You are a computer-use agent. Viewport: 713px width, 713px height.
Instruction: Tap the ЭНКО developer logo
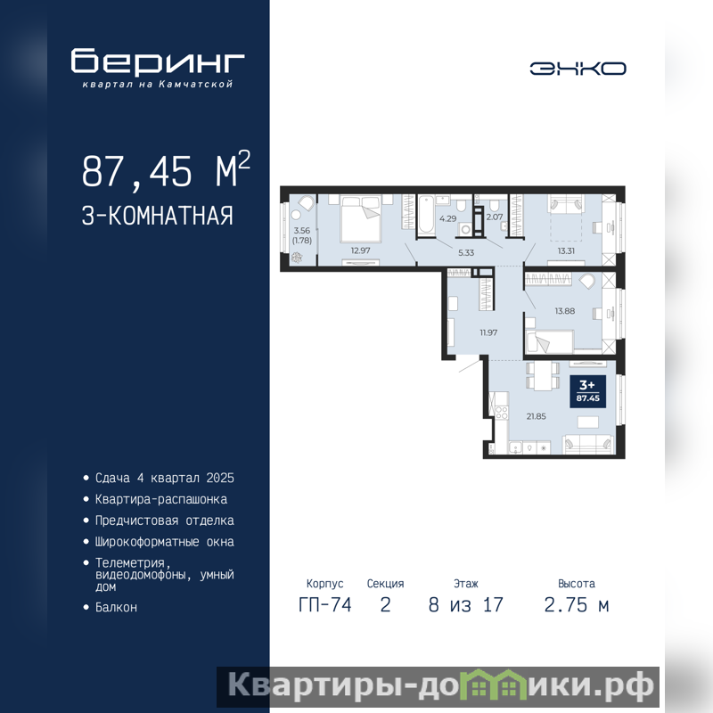(578, 69)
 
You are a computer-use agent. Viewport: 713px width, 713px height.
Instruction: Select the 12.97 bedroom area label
(360, 250)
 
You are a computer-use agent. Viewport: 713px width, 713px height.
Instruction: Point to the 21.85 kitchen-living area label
(537, 416)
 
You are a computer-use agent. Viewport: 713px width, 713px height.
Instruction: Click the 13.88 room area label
(565, 311)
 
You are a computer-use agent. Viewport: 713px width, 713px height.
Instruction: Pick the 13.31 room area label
(566, 250)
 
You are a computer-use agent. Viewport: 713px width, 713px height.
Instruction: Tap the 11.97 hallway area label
(488, 332)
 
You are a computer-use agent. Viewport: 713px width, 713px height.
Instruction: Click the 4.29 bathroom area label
(448, 218)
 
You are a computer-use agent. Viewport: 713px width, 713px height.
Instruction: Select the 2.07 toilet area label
(495, 217)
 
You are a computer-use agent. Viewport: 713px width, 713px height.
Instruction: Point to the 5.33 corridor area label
(466, 253)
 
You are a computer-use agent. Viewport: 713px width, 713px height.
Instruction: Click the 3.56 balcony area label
(302, 231)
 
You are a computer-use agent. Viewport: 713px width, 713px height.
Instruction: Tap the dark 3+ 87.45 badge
(587, 391)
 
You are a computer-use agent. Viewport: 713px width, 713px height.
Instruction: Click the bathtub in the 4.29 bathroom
(427, 215)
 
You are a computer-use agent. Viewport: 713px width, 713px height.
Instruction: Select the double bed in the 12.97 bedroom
(361, 218)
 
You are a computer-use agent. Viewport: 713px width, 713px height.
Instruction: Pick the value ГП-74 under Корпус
(325, 605)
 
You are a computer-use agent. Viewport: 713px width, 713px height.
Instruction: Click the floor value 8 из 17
(465, 605)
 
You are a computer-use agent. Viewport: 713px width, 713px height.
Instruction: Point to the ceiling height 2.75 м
(576, 605)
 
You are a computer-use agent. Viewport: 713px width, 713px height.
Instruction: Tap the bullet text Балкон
(116, 607)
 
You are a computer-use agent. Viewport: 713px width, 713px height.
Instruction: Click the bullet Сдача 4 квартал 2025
(165, 478)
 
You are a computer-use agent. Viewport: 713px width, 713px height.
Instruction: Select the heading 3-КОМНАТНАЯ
(158, 216)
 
